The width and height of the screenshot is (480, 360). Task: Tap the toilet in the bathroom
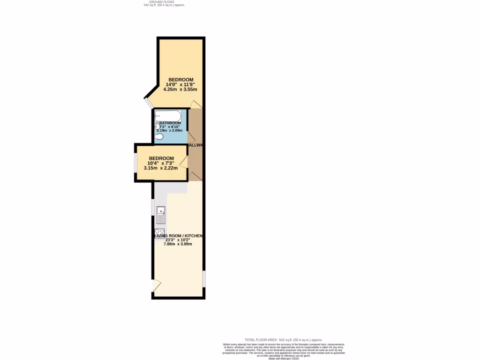[159, 137]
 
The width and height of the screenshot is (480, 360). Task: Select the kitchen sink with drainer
[161, 215]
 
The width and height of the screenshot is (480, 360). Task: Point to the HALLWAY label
[195, 145]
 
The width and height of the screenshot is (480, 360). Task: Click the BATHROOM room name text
[170, 123]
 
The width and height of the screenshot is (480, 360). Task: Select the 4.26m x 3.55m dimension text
[180, 89]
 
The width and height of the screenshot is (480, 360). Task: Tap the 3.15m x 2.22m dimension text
[161, 168]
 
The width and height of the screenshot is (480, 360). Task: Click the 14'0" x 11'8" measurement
[180, 84]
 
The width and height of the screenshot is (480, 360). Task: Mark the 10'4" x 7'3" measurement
[161, 163]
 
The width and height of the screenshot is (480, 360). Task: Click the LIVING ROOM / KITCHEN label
[179, 236]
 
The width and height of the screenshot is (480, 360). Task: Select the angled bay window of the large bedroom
[148, 103]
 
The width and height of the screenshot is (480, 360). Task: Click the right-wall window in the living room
[203, 278]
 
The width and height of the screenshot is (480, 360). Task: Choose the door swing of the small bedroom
[183, 162]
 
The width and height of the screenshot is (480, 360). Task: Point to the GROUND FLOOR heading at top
[158, 2]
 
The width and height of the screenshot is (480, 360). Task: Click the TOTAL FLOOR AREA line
[284, 339]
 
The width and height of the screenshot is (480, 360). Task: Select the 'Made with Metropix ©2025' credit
[284, 358]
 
